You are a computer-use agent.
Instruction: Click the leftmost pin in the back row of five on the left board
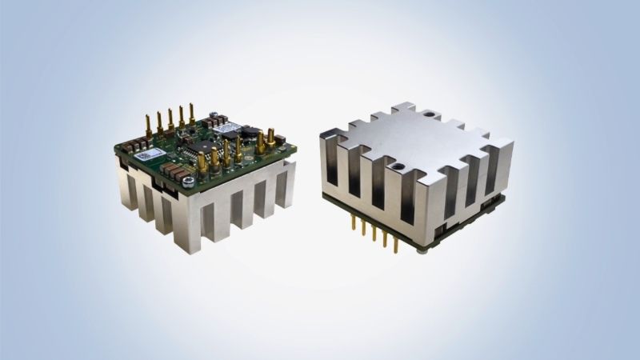pos(147,125)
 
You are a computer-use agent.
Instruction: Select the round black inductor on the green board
pos(250,133)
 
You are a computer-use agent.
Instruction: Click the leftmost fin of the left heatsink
pos(126,184)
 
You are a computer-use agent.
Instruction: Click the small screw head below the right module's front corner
pos(421,251)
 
